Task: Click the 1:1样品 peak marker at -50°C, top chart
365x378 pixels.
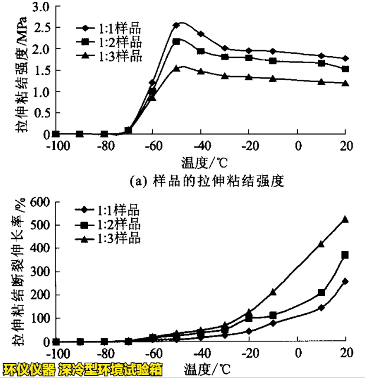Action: (x=176, y=25)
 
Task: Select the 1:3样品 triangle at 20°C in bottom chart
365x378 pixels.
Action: (x=346, y=219)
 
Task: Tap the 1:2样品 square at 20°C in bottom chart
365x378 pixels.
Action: (x=346, y=255)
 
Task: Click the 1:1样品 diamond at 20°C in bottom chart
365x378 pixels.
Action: (x=346, y=281)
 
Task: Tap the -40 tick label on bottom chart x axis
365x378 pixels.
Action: (x=201, y=354)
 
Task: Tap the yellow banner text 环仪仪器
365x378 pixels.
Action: (x=29, y=370)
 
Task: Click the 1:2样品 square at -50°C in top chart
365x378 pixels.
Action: (x=176, y=41)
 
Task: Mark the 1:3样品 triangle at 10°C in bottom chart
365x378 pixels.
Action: (x=321, y=244)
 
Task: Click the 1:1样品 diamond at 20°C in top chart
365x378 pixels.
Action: (x=346, y=58)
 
